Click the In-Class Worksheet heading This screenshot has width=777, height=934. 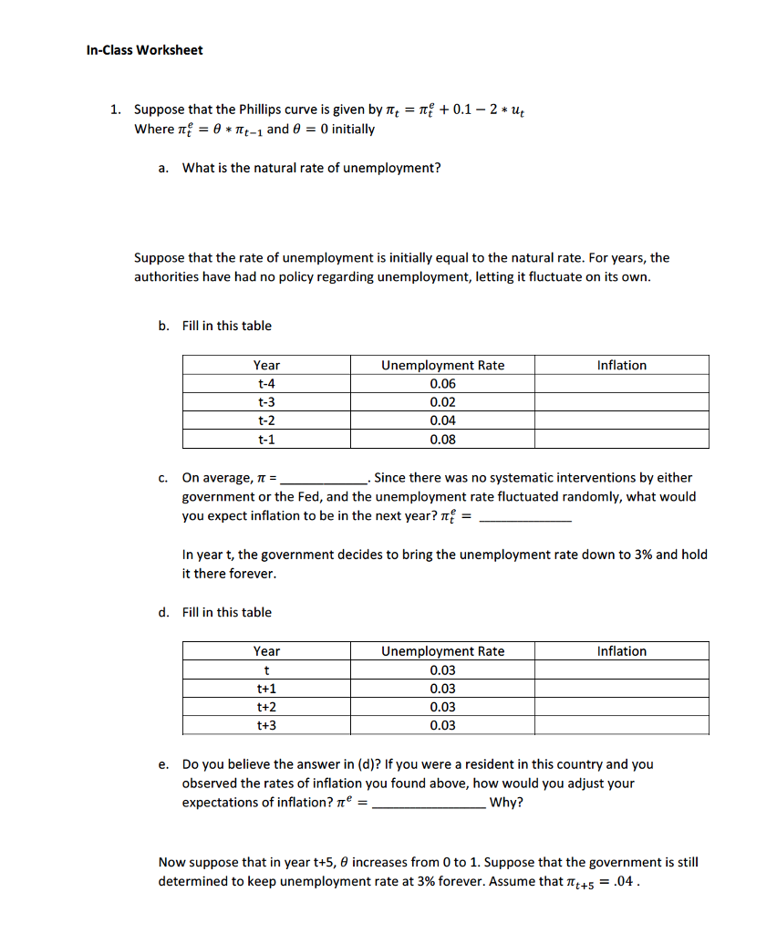pyautogui.click(x=144, y=50)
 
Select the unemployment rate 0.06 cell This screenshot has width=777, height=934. pyautogui.click(x=442, y=384)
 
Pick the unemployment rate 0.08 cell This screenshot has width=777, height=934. pyautogui.click(x=442, y=440)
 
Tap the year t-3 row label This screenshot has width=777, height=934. pyautogui.click(x=266, y=402)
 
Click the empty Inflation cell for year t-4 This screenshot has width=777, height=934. pyautogui.click(x=621, y=384)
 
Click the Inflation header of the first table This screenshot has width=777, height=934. pyautogui.click(x=621, y=365)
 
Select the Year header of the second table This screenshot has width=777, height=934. pyautogui.click(x=266, y=651)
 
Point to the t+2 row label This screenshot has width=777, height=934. pyautogui.click(x=266, y=707)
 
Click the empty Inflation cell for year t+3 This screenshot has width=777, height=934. pyautogui.click(x=621, y=726)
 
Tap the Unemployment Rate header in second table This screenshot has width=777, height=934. pyautogui.click(x=442, y=651)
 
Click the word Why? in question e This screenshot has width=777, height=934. pyautogui.click(x=506, y=803)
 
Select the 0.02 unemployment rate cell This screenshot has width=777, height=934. pyautogui.click(x=442, y=402)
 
